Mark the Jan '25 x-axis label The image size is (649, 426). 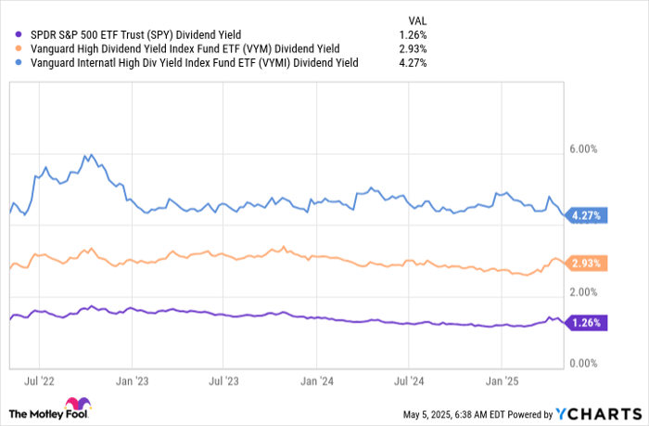coord(501,381)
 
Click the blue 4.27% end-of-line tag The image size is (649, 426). coord(586,216)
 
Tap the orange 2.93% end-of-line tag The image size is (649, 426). coord(586,264)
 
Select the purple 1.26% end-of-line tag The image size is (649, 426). coord(586,323)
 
